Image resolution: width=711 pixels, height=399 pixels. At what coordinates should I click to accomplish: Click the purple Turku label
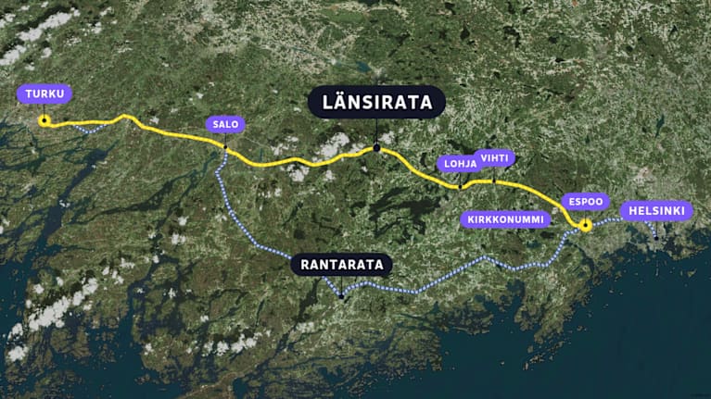tap(44, 94)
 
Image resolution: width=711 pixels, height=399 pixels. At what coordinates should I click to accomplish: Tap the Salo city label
tap(225, 125)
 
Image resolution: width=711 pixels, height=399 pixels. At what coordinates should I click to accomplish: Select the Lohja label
tap(460, 164)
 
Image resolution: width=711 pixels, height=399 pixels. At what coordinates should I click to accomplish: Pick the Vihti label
tap(493, 157)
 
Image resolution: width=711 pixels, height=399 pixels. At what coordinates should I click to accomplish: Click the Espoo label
tap(586, 201)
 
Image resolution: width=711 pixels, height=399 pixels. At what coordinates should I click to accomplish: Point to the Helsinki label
tap(655, 211)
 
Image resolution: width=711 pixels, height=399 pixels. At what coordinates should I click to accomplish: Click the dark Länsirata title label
tap(376, 102)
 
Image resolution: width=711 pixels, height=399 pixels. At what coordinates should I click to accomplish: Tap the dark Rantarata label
tap(341, 265)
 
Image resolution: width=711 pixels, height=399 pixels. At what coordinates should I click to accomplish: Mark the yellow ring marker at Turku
tap(44, 119)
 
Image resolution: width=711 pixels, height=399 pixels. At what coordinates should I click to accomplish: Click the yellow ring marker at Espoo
tap(585, 224)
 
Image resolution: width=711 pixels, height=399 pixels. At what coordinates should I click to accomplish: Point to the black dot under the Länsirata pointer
tap(376, 148)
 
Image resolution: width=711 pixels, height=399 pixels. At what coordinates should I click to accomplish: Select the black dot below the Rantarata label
tap(341, 296)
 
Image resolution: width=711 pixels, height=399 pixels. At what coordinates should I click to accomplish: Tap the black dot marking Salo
tap(225, 146)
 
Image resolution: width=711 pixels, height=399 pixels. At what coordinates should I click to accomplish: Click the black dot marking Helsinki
tap(655, 238)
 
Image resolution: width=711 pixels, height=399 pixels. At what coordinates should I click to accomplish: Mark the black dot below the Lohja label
tap(460, 187)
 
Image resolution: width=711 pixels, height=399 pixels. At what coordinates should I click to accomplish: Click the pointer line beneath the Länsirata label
tap(376, 131)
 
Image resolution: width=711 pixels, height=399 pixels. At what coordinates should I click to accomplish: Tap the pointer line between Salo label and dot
tap(225, 139)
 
